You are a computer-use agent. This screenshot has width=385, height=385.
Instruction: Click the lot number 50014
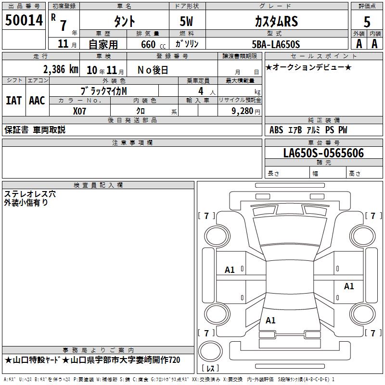pos(24,20)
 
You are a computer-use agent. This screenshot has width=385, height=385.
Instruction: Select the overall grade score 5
pos(367,22)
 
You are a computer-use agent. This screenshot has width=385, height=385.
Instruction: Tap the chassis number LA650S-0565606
pos(323,153)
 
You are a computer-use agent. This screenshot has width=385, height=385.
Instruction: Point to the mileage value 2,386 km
pos(61,69)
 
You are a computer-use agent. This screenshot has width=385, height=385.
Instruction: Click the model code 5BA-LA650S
pos(276,44)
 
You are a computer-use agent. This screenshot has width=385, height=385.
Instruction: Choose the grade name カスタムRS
pos(276,21)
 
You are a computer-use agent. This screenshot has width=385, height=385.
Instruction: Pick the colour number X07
pos(79,111)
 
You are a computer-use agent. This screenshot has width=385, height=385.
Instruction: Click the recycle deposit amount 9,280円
pos(246,111)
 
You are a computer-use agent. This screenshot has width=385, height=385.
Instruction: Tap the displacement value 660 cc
pos(153,45)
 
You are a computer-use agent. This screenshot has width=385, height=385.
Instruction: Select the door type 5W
pos(186,21)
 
